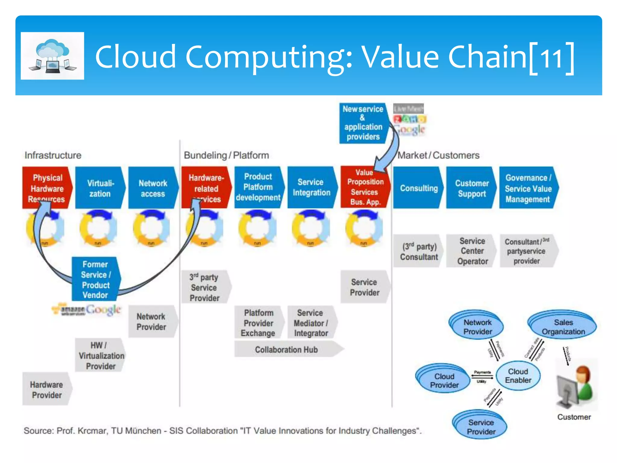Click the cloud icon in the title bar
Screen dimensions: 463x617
[x=52, y=56]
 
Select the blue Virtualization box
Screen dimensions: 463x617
[x=100, y=188]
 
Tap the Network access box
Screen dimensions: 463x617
[x=153, y=188]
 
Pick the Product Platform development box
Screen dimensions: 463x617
[x=258, y=187]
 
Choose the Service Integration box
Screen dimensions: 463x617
[x=311, y=187]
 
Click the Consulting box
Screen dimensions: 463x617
[x=418, y=188]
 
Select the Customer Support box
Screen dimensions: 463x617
[x=471, y=188]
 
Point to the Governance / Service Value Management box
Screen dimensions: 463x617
[x=528, y=188]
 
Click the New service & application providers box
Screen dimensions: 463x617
[x=363, y=123]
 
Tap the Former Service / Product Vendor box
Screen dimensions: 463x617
[x=96, y=279]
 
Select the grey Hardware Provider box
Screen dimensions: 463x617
[x=47, y=389]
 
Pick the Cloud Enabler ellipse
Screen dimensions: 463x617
[x=518, y=376]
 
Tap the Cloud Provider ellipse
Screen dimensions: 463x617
[x=444, y=380]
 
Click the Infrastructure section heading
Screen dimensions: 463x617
[x=53, y=155]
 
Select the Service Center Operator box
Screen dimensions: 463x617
[x=472, y=251]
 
